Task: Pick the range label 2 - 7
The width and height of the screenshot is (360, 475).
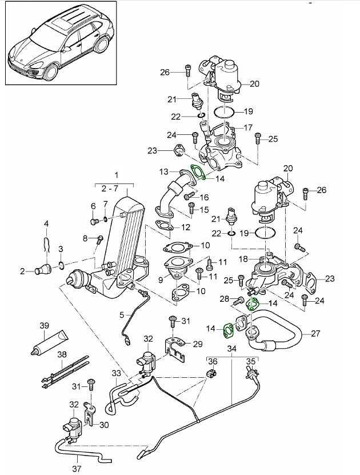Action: coord(117,187)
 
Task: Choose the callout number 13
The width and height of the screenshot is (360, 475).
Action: coord(163,171)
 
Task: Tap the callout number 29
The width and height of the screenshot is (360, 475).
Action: coord(198,344)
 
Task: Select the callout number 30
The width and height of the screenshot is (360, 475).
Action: coord(103,425)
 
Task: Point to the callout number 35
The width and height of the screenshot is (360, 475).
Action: coord(250,361)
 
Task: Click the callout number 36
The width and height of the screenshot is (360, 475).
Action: coord(213,361)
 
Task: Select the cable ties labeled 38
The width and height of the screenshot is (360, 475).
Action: coord(66,372)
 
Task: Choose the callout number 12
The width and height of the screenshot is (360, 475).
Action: coord(186,227)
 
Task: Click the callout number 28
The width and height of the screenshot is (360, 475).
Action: coord(225,298)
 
